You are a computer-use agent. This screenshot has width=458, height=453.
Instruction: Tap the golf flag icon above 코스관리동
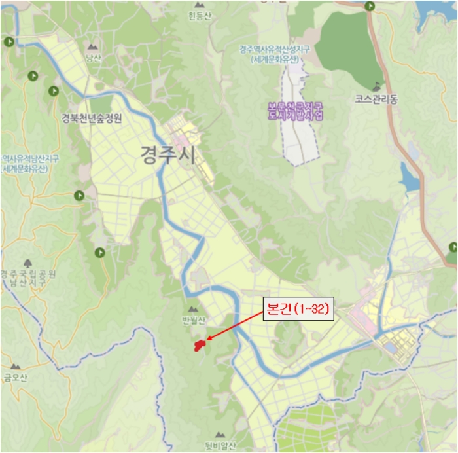point(376,86)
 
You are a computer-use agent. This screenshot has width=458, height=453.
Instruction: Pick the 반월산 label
point(194,320)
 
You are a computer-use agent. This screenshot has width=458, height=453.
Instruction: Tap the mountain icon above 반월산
point(192,309)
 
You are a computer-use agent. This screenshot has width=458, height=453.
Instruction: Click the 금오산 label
point(14,377)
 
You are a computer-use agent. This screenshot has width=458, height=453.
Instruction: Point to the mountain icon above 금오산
point(14,367)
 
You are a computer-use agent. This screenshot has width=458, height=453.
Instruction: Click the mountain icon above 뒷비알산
point(220,434)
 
